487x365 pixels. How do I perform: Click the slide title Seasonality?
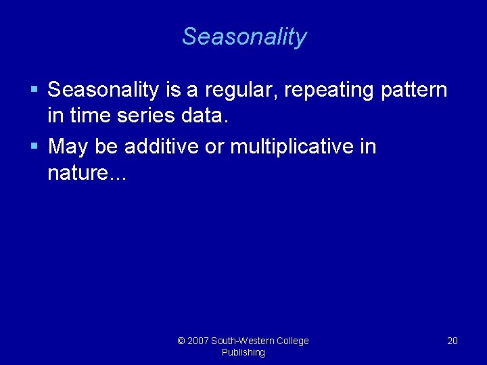243,36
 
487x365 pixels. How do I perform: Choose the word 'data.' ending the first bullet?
205,116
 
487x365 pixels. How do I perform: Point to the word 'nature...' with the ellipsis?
87,173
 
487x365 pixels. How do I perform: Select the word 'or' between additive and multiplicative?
214,147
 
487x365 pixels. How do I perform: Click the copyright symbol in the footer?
181,341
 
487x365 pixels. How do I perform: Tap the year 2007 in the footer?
198,341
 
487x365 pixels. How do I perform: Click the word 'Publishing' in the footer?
243,352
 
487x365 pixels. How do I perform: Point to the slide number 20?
453,341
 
